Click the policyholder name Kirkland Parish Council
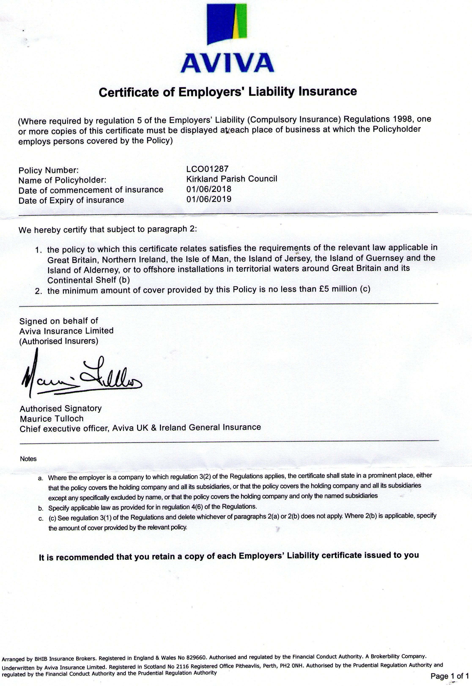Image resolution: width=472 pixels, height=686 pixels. pos(232,179)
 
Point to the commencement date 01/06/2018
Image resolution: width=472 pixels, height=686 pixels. pos(209,189)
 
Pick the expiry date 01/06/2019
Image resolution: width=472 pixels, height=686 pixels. pos(209,199)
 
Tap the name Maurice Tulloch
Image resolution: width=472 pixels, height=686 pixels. pos(52,419)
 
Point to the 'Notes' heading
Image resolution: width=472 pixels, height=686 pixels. pos(28,459)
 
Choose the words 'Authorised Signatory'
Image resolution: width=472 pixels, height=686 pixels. pos(61,408)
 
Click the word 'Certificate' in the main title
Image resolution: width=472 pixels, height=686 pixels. pos(129,92)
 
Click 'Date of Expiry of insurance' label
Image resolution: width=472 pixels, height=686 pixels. pos(71,200)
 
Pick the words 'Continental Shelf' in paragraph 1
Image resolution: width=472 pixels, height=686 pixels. pos(82,280)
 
